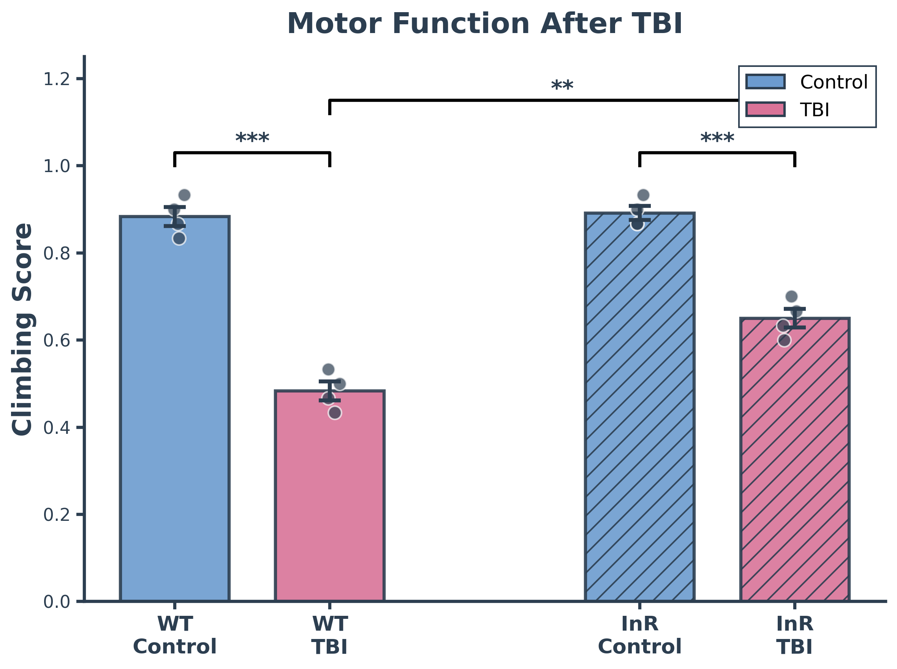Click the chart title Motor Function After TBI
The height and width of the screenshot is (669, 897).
coord(485,24)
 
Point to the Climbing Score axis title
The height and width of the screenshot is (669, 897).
coord(22,329)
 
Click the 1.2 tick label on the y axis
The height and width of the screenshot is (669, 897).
coord(57,79)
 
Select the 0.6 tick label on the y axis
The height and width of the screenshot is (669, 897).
coord(57,340)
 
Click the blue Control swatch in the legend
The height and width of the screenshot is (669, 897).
coord(766,82)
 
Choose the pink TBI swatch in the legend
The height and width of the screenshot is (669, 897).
coord(766,109)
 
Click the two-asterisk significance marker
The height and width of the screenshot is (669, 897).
coord(562,86)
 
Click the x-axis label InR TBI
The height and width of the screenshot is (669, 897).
coord(794,635)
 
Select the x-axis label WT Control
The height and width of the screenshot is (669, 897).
coord(174,635)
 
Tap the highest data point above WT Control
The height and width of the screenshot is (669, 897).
coord(184,195)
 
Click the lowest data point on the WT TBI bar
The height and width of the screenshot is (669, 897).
coord(334,413)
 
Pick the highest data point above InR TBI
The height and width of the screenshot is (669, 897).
coord(791,297)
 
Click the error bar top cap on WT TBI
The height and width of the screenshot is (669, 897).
coord(329,381)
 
